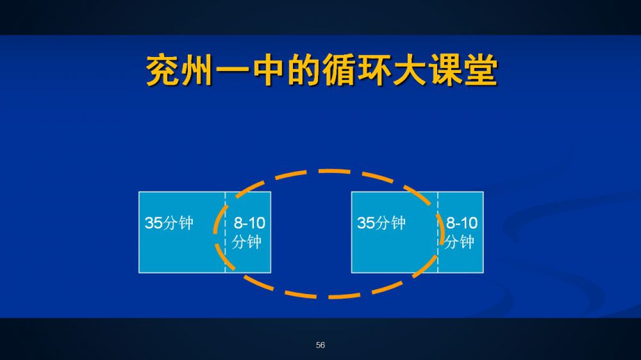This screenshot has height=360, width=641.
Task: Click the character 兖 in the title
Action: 163,70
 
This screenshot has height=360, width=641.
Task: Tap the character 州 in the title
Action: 197,70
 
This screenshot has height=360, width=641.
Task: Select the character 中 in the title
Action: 268,70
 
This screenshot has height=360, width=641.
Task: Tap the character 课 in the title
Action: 445,70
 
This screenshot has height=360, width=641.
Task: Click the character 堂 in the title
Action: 481,70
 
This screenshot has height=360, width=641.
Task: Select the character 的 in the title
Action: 303,70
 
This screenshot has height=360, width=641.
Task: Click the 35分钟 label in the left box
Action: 169,223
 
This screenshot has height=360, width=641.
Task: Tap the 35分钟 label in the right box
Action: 381,223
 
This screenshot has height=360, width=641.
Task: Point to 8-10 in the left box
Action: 249,223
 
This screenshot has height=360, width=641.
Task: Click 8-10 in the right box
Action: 462,223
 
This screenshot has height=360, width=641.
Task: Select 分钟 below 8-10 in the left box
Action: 247,242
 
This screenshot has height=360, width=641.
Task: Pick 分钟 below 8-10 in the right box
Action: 459,242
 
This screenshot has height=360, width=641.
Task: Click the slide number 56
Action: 320,345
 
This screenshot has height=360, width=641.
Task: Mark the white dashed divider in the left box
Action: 225,232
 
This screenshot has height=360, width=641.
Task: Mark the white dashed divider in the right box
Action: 438,232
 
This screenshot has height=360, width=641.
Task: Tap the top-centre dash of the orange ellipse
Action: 334,171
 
